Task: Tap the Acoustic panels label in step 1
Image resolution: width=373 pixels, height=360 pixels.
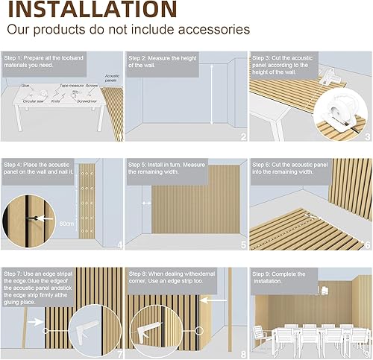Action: [x=112, y=79]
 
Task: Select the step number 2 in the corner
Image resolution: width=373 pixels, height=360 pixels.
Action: [x=242, y=136]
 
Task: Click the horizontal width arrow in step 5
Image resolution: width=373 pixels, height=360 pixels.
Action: [x=145, y=201]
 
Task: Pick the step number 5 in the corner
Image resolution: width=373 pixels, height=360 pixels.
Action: [x=242, y=244]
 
